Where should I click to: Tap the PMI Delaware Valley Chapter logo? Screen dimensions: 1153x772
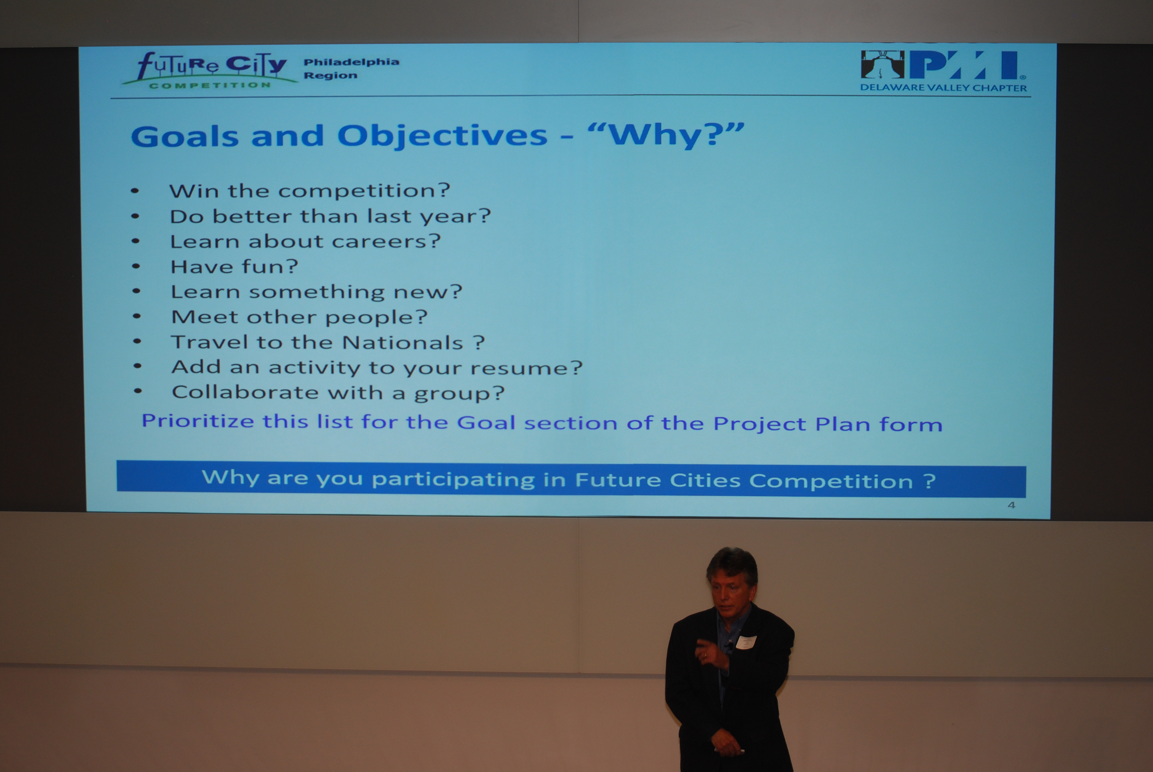tap(943, 71)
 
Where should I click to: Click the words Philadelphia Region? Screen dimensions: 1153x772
tap(351, 69)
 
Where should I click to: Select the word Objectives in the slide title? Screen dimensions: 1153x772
tap(442, 136)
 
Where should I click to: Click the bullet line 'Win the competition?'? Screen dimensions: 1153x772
tap(309, 191)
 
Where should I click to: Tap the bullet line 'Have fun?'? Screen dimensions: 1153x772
tap(234, 266)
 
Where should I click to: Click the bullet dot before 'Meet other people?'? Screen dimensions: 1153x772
tap(137, 316)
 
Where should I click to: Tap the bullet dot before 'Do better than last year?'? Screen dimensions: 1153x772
tap(135, 216)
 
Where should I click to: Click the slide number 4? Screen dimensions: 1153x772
tap(1011, 505)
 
